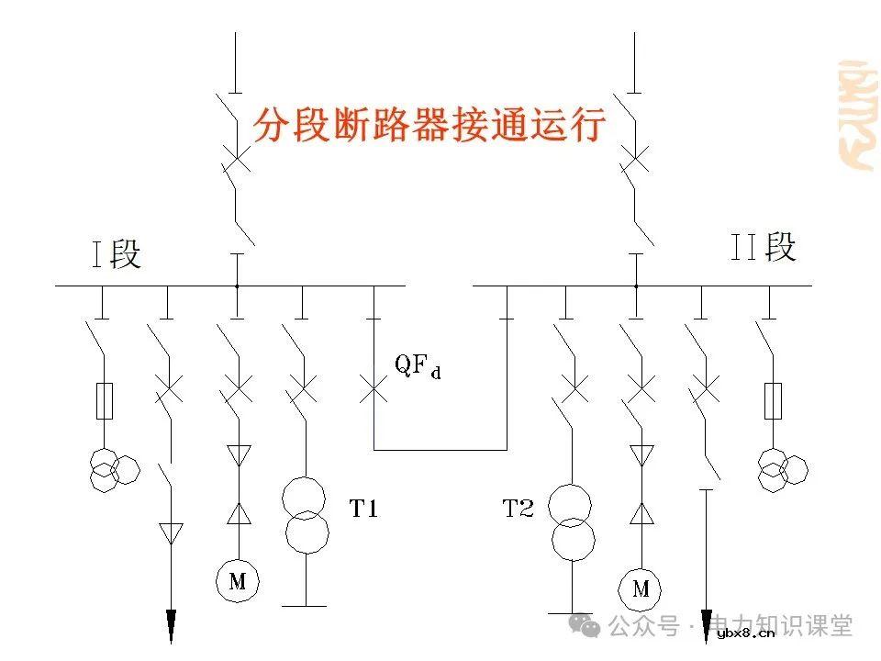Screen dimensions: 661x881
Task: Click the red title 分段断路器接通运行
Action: pos(429,124)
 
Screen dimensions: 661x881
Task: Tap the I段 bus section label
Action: pos(117,253)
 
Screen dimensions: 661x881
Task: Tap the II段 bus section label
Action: pos(762,247)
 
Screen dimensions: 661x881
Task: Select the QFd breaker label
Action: pos(418,365)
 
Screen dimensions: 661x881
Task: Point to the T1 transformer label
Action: pos(362,508)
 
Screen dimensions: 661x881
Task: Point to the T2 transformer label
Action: pos(518,508)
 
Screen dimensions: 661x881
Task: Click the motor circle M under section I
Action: pos(237,579)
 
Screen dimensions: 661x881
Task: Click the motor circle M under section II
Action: pos(641,588)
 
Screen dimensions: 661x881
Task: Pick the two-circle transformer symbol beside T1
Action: pos(304,515)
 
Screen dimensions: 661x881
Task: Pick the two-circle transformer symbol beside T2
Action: pos(571,523)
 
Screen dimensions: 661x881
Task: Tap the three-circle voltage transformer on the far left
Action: pos(114,468)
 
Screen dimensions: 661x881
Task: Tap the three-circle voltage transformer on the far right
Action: pos(782,468)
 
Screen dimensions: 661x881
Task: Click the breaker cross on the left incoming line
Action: pos(236,162)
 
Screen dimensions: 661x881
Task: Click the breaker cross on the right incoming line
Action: pos(635,162)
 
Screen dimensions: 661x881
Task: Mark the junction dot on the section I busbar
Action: pos(237,286)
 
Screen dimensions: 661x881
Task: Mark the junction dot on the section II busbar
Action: pos(635,286)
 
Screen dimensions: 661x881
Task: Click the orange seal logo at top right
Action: pos(857,114)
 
